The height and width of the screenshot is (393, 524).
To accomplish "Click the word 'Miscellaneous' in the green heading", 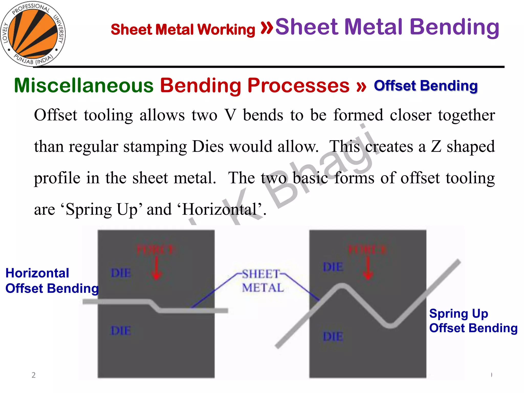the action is (84, 86).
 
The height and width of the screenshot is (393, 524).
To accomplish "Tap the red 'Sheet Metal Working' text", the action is (183, 29).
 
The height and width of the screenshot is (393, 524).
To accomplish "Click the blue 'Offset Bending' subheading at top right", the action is (426, 86).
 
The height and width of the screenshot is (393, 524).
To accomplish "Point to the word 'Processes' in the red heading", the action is (298, 86).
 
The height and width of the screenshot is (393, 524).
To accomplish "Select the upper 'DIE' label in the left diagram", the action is (121, 273).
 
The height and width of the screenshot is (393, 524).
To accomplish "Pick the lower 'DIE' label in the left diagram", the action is (121, 331).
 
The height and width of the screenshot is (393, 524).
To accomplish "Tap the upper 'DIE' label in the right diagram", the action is (333, 267).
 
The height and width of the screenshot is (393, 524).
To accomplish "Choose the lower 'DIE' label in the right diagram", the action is (333, 336).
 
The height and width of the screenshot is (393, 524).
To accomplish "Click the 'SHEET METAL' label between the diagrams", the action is (263, 281).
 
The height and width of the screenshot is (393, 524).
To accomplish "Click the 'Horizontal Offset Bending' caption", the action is (51, 281).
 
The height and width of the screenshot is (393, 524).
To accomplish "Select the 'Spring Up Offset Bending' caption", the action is (473, 321).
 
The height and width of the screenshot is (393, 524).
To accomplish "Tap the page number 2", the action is (34, 375).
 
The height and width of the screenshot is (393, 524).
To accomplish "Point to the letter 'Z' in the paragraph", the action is (436, 147).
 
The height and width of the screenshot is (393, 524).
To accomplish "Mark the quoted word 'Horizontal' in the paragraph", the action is (219, 210).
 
